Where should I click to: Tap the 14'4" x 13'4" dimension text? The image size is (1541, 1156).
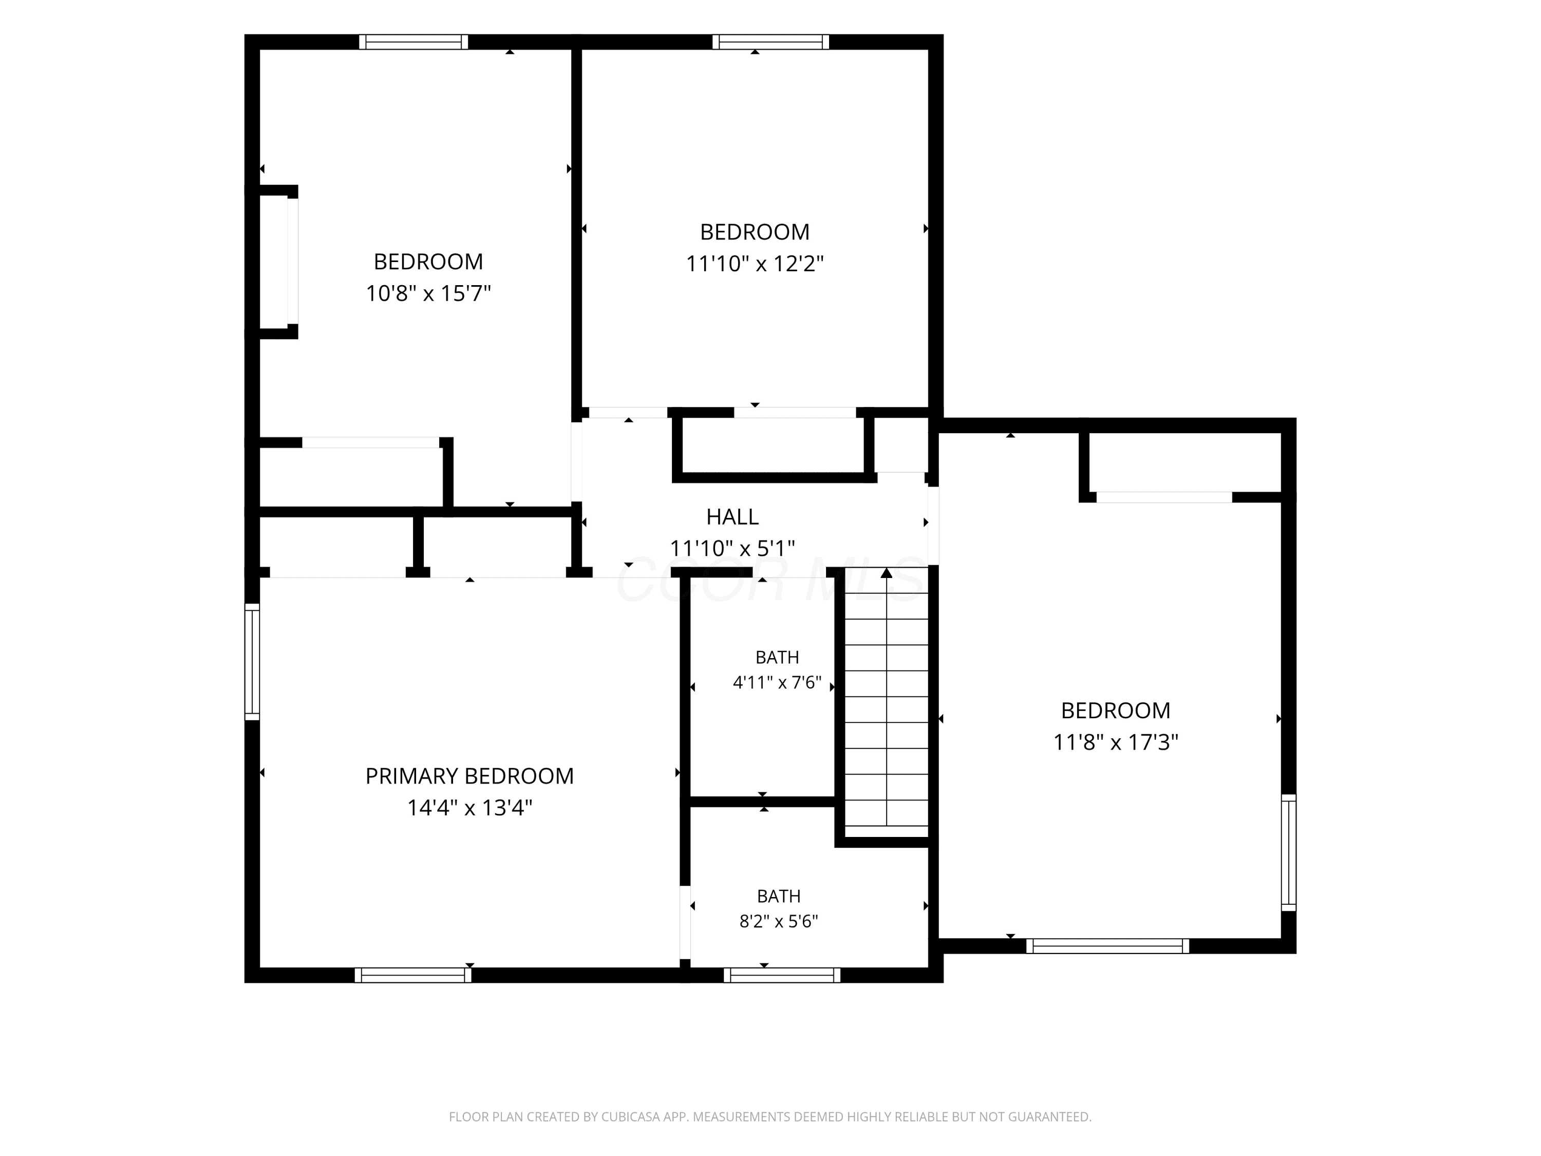click(469, 808)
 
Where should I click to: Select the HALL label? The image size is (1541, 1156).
click(732, 516)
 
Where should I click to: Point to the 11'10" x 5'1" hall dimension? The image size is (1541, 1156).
click(732, 548)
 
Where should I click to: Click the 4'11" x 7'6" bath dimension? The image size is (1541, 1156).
click(778, 682)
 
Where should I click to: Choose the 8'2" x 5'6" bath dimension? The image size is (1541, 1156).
click(778, 921)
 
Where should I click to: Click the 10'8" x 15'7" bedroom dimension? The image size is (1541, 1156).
click(428, 293)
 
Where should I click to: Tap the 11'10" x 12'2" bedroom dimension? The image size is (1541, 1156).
click(755, 264)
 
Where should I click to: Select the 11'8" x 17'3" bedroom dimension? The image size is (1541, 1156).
click(1115, 742)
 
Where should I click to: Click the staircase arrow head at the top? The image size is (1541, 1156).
click(886, 573)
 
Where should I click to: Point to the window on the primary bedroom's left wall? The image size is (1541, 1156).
click(252, 662)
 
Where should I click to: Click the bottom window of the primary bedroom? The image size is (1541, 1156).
click(413, 975)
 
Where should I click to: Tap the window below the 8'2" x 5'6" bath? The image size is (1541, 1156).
click(782, 975)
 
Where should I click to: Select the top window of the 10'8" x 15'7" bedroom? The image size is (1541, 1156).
click(414, 42)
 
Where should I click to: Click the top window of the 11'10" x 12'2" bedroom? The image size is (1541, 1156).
click(771, 42)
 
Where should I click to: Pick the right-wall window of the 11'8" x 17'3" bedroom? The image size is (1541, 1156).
click(1289, 852)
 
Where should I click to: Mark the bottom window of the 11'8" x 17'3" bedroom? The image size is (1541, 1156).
click(1107, 945)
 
